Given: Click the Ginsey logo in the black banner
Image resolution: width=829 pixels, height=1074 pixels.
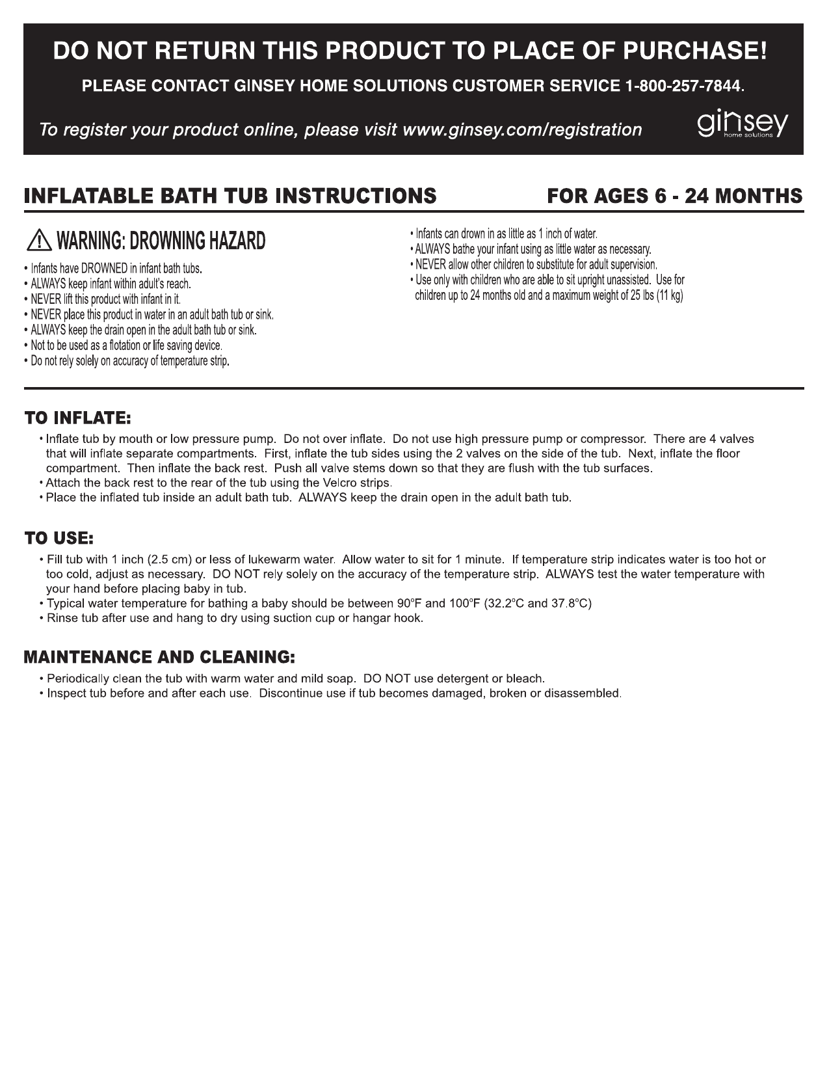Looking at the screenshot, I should [x=743, y=124].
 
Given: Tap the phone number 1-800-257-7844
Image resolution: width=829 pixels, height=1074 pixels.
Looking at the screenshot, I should [x=683, y=86].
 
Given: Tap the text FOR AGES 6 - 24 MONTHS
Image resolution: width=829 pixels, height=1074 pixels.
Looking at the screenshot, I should [x=674, y=196].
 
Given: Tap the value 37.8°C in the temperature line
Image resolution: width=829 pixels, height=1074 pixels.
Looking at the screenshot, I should [x=569, y=603].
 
